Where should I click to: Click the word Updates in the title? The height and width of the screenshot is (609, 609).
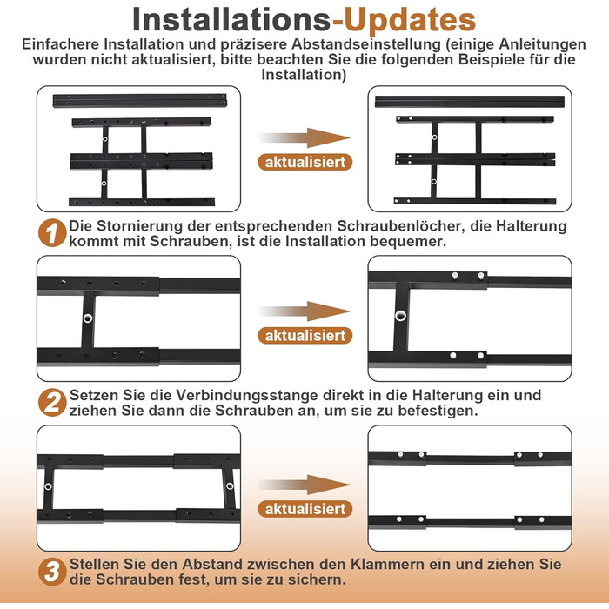410,19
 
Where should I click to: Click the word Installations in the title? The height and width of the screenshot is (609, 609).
231,19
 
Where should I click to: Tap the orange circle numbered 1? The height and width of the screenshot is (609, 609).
52,233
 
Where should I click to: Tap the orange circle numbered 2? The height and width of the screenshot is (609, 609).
52,402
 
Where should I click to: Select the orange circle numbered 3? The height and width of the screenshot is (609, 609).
52,572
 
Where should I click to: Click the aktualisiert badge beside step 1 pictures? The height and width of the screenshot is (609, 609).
305,162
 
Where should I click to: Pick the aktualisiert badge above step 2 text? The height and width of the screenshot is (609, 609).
305,336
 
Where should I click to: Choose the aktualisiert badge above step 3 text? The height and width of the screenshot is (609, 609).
305,509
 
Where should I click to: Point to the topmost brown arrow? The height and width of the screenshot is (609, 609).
304,137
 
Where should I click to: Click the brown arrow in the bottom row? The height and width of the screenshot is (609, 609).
304,485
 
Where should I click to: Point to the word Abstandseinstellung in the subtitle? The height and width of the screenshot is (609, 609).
366,44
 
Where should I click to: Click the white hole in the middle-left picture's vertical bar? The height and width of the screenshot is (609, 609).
88,318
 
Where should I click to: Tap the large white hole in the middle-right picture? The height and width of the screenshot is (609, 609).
400,315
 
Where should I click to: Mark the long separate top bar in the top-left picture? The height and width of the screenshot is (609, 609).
140,101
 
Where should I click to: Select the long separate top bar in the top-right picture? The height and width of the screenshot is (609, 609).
470,102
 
